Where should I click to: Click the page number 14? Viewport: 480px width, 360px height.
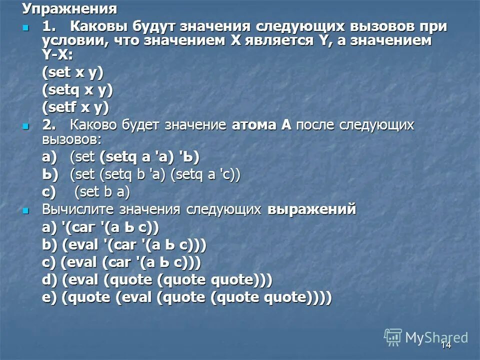click(446, 345)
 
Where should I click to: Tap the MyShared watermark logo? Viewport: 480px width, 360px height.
click(426, 337)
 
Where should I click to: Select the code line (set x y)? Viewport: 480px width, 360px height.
click(72, 72)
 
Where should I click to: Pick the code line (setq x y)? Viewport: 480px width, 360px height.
click(77, 89)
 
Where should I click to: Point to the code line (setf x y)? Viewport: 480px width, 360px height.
click(75, 107)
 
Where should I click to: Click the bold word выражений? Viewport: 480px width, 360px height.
click(312, 210)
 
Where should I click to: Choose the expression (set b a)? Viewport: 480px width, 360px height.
click(102, 192)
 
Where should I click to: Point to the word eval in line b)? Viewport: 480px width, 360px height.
click(81, 245)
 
